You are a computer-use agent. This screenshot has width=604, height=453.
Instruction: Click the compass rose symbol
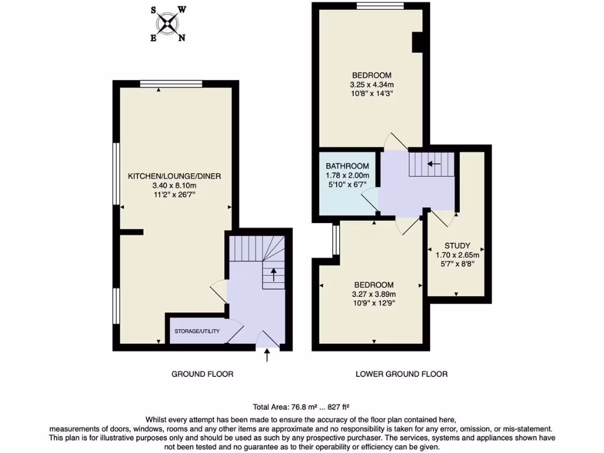pyautogui.click(x=168, y=24)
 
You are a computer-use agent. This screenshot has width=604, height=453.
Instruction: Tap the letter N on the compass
pyautogui.click(x=182, y=38)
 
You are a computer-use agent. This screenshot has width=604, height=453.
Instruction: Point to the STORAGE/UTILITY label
pyautogui.click(x=197, y=331)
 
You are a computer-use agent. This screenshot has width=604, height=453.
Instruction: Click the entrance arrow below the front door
pyautogui.click(x=267, y=355)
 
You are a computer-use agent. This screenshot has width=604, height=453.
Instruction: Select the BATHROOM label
pyautogui.click(x=347, y=166)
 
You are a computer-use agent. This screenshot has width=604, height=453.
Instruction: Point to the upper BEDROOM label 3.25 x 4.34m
pyautogui.click(x=372, y=75)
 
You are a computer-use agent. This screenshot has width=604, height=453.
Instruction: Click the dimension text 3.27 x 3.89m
pyautogui.click(x=373, y=294)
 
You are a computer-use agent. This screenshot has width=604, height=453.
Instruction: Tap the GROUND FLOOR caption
pyautogui.click(x=202, y=374)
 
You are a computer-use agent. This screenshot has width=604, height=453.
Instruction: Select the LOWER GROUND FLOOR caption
pyautogui.click(x=402, y=374)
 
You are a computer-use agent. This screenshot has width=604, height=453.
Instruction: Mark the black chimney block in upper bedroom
pyautogui.click(x=418, y=42)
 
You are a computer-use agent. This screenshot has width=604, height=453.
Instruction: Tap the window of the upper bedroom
pyautogui.click(x=380, y=6)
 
